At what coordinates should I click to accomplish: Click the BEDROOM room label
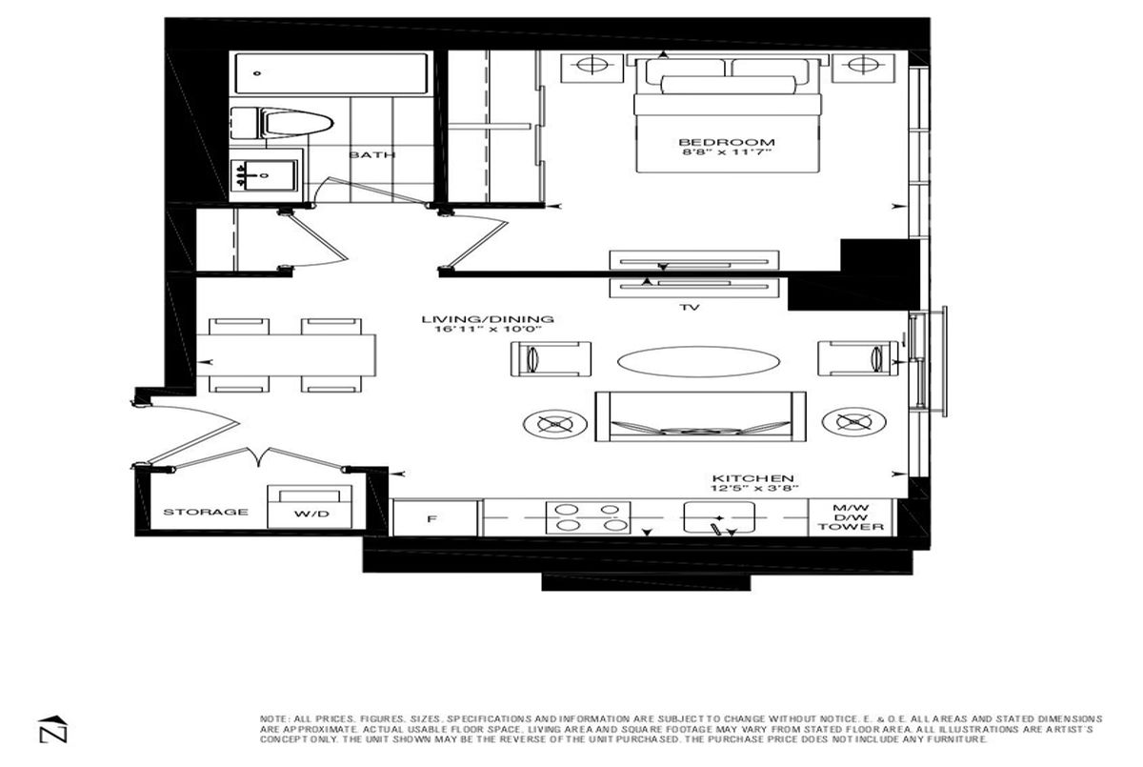727,142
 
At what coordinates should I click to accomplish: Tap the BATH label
372,154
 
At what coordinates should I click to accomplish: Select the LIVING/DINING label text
488,319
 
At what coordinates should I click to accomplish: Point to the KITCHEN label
753,478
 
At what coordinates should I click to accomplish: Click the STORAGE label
206,512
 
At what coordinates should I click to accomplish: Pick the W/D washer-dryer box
310,507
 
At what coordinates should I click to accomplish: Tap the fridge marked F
434,518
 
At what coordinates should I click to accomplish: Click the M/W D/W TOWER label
851,517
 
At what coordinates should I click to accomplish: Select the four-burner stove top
588,517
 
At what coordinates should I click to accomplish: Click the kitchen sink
719,517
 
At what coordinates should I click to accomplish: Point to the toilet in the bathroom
282,123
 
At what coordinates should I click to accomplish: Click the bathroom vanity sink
264,175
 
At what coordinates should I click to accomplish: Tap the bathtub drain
257,73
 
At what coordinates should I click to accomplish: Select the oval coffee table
698,362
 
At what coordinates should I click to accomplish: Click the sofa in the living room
701,416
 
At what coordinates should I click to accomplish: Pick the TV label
690,307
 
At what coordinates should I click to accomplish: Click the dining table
287,355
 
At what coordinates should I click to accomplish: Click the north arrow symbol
53,729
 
